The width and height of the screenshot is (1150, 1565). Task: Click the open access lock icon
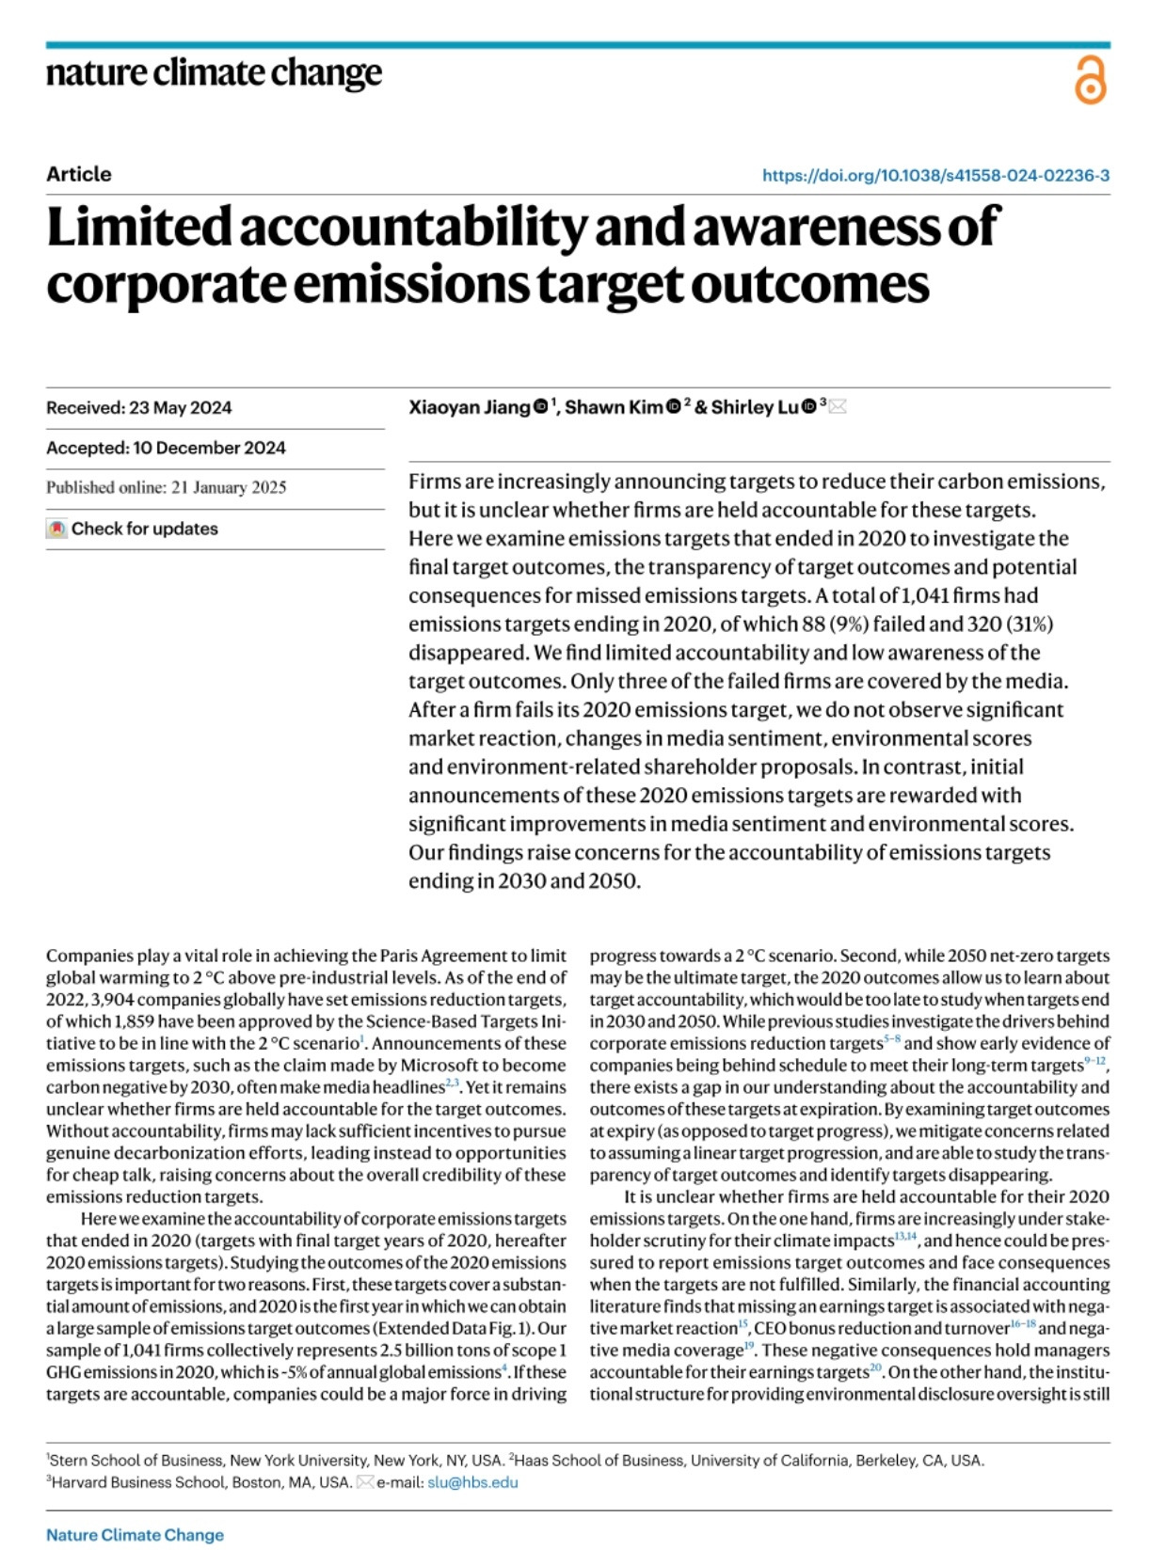click(1090, 80)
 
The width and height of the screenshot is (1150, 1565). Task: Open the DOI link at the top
click(935, 175)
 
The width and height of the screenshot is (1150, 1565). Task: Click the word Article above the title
click(79, 174)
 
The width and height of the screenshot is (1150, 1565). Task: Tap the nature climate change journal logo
click(215, 73)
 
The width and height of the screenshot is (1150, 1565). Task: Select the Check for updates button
click(133, 529)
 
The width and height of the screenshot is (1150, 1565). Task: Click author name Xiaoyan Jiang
click(469, 407)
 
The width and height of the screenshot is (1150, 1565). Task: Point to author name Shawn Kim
click(613, 407)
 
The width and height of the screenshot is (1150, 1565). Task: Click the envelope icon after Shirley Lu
click(837, 407)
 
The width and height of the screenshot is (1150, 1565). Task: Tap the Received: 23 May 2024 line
click(139, 407)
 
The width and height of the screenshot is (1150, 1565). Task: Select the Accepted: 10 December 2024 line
click(166, 448)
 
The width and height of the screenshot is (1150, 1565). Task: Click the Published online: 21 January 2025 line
click(167, 487)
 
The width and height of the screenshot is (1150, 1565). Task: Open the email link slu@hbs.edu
click(472, 1482)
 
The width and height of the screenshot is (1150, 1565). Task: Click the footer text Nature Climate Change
click(135, 1535)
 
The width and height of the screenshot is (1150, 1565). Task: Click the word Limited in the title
click(138, 228)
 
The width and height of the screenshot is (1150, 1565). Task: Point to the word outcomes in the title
click(810, 284)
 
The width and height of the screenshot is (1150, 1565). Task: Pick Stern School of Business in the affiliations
click(137, 1461)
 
